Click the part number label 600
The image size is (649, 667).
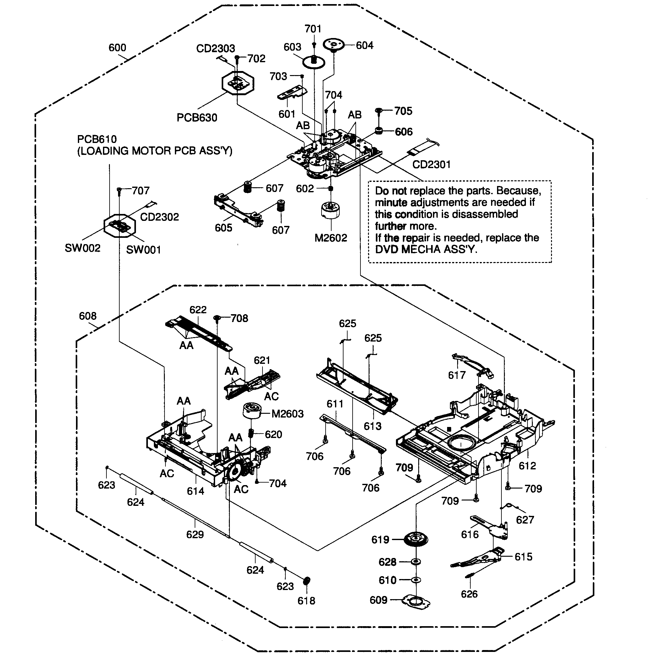117,47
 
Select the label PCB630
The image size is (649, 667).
197,117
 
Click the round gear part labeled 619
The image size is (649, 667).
416,539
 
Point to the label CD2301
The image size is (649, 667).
431,164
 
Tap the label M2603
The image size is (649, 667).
287,414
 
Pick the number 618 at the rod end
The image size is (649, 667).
306,600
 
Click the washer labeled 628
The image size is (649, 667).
416,562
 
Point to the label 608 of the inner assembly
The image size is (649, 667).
88,316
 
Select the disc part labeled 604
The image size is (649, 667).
333,44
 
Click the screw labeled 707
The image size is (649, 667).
119,190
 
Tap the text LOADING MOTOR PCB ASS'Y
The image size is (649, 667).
155,151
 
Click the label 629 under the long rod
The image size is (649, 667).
195,534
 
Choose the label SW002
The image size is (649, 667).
83,248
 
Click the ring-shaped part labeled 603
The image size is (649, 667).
314,62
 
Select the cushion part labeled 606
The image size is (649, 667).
379,131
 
